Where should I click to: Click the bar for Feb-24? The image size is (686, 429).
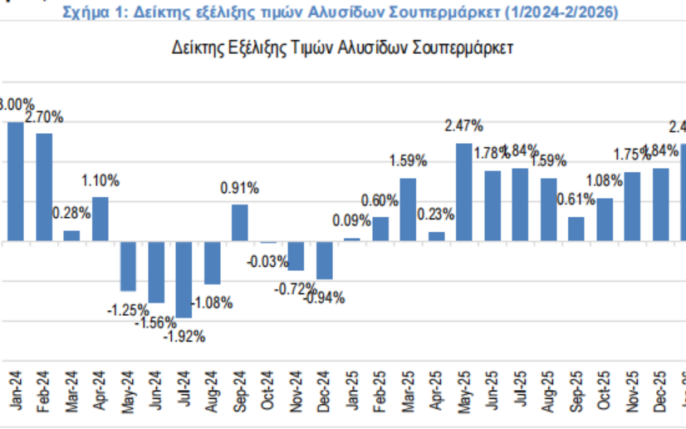pos(44,187)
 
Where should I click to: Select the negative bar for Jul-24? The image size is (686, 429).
pos(184,279)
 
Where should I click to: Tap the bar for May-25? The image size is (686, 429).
pos(464,192)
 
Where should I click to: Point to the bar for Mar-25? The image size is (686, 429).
pos(408,210)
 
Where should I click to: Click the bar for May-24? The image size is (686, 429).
pos(128,266)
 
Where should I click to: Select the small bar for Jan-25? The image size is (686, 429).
pos(352,239)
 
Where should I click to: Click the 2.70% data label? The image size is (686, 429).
pos(44,117)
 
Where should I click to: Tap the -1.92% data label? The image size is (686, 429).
pos(184,337)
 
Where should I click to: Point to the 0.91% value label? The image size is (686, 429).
pos(240,189)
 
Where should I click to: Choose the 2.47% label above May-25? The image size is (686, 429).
pos(464,126)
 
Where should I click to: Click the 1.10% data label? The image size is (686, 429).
pos(100,180)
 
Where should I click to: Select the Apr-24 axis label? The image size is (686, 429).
pos(100,388)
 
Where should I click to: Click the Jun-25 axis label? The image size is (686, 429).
pos(493,388)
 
